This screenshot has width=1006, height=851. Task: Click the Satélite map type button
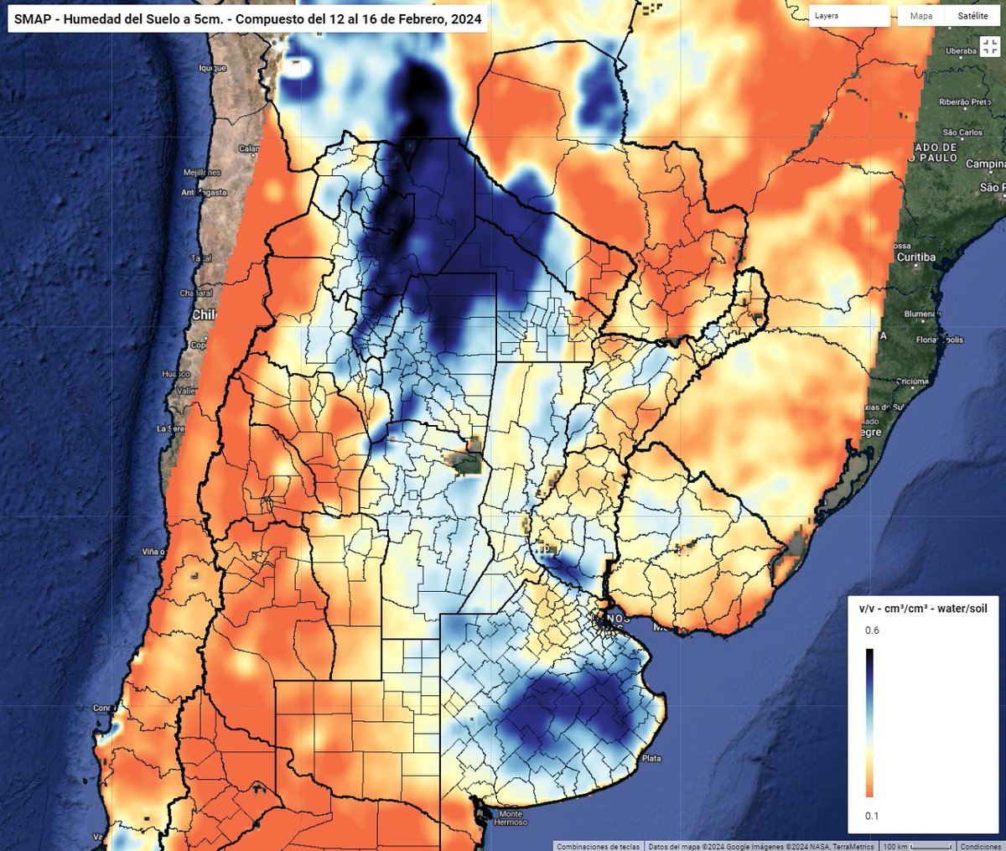coord(972,16)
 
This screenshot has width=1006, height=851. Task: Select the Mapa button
coord(920,16)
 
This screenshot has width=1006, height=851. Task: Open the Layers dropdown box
coord(849,16)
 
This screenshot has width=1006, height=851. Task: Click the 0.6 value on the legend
coord(872,630)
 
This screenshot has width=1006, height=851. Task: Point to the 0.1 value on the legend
coord(872,816)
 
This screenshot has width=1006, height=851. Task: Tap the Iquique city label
coord(212,68)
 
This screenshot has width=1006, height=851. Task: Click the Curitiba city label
coord(915,257)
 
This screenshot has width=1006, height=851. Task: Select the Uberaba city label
coord(961,51)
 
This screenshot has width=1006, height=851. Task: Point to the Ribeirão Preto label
coord(964,102)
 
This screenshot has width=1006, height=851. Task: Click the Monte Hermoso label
coord(511,817)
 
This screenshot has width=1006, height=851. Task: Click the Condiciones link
coord(980,846)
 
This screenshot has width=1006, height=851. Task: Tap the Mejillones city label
coord(202,172)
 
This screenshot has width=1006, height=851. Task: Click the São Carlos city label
coord(962,132)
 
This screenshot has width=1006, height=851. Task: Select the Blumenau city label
coord(921,314)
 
